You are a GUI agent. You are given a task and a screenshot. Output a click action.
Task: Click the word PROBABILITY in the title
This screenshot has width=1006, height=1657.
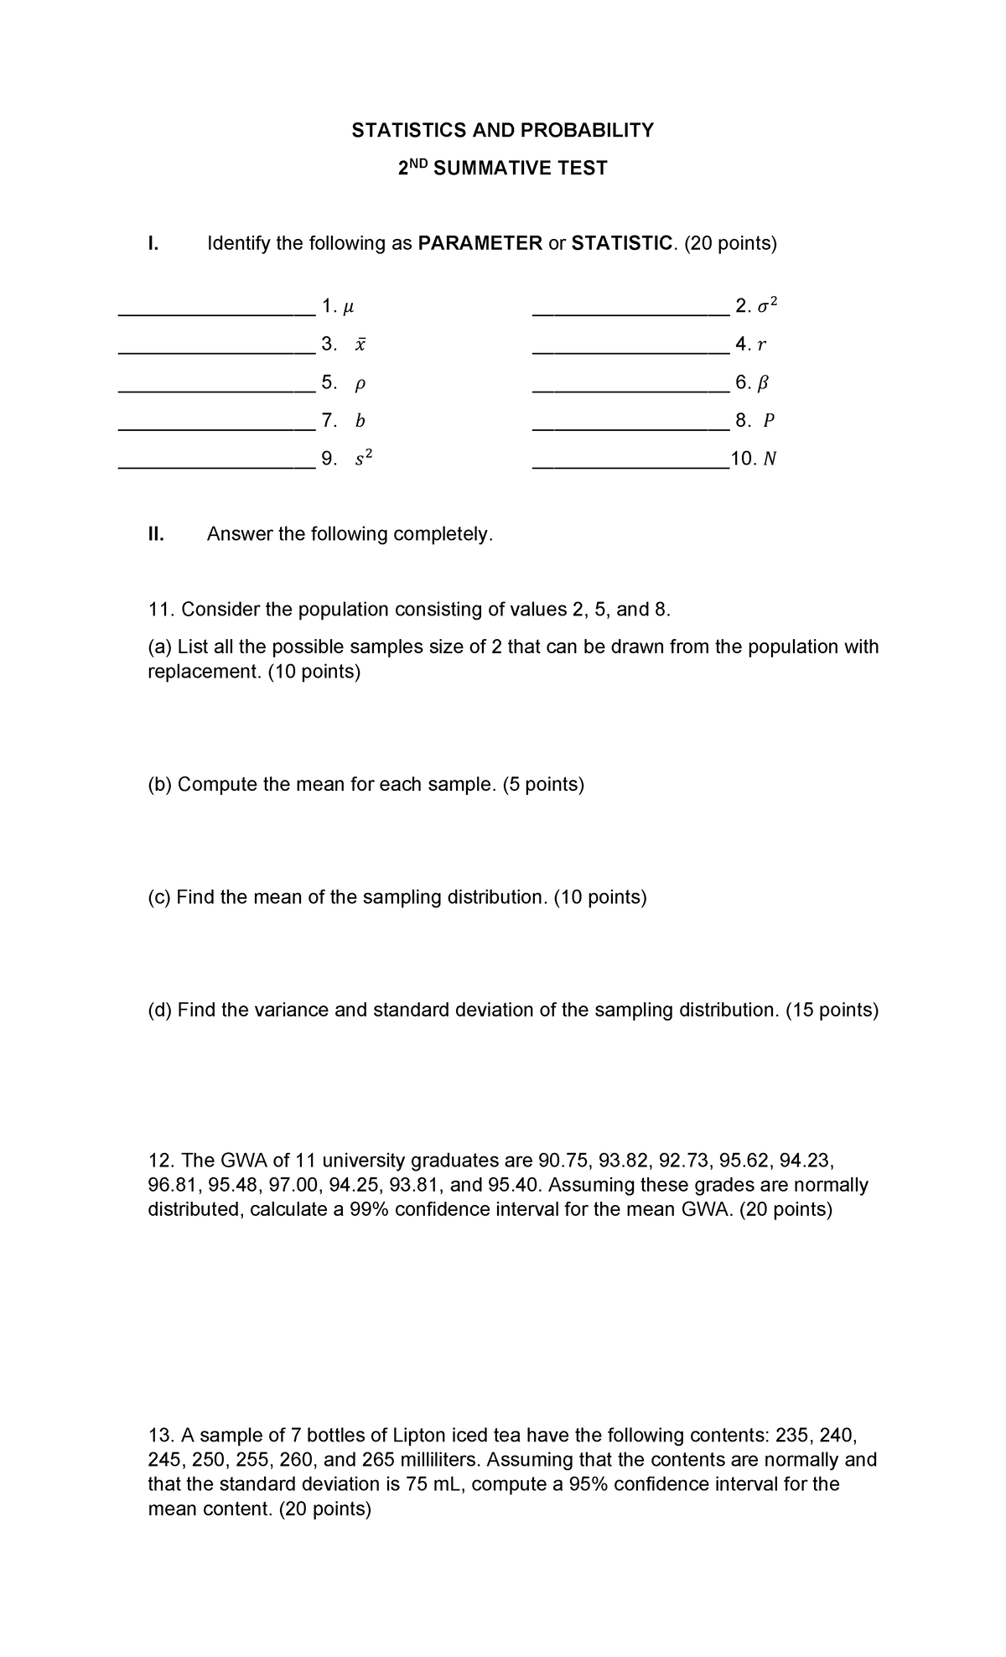click(587, 130)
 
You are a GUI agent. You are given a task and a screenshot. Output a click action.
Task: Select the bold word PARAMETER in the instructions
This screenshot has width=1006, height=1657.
click(480, 244)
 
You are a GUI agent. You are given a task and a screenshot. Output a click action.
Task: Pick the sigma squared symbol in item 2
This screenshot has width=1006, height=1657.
click(767, 306)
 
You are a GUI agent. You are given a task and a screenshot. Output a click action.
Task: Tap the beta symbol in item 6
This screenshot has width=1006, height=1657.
click(763, 383)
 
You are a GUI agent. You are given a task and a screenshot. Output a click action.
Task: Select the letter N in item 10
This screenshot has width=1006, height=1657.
click(770, 460)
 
